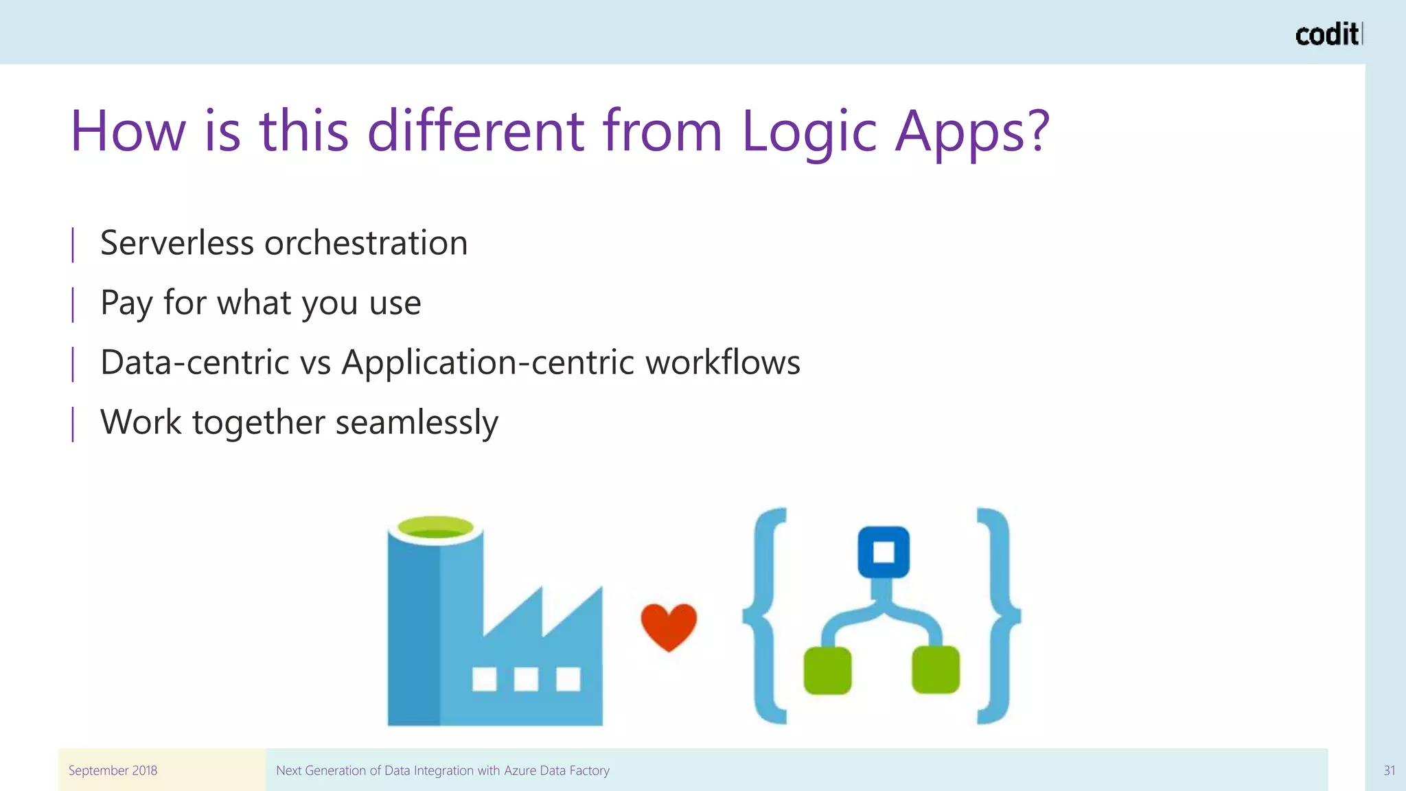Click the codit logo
[1328, 34]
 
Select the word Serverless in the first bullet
[176, 243]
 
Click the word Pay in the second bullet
[126, 303]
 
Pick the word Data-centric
[194, 363]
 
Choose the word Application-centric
[487, 363]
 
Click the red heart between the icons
[669, 626]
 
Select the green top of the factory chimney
[435, 527]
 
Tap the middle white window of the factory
[526, 679]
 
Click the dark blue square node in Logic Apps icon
[884, 552]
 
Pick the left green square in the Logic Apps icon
[827, 669]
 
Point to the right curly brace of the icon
[998, 615]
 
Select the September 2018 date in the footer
[113, 770]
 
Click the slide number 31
[1389, 770]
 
